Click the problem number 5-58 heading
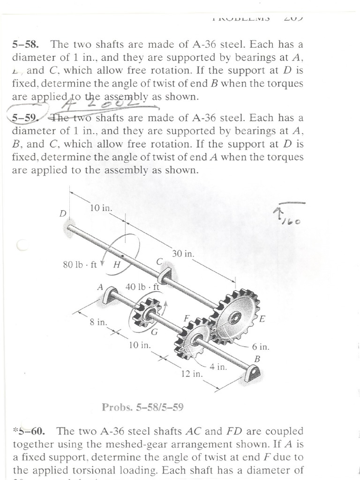(26, 45)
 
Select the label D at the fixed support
(62, 213)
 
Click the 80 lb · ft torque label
(80, 264)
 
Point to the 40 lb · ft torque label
(143, 286)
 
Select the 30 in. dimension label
(183, 254)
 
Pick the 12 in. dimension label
(191, 374)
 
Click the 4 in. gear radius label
(218, 367)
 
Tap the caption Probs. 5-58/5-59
(142, 407)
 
